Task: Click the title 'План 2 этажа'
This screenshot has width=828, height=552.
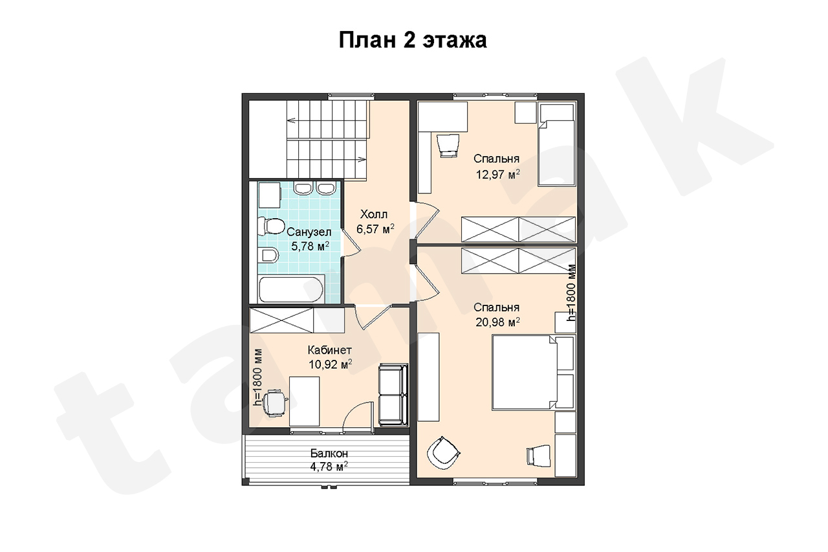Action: (x=413, y=41)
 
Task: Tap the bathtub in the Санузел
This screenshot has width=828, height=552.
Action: (x=291, y=289)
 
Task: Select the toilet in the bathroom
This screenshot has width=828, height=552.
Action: (x=271, y=226)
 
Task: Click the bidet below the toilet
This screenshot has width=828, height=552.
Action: (x=270, y=255)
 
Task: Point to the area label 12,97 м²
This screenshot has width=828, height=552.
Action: (x=497, y=174)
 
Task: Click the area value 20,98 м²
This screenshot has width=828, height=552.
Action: (x=497, y=322)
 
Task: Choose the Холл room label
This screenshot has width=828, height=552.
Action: (x=374, y=214)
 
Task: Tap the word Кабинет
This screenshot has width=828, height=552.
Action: (x=330, y=349)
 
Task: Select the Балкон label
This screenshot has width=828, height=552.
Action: (x=329, y=453)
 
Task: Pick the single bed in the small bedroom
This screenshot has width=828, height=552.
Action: (x=557, y=144)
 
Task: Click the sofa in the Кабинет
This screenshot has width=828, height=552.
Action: (x=393, y=395)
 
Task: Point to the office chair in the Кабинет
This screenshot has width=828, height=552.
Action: (x=274, y=403)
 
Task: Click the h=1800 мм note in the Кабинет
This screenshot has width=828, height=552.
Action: (x=257, y=378)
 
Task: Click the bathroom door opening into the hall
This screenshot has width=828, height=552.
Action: (x=351, y=242)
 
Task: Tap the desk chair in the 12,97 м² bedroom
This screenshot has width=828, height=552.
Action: (x=448, y=146)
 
